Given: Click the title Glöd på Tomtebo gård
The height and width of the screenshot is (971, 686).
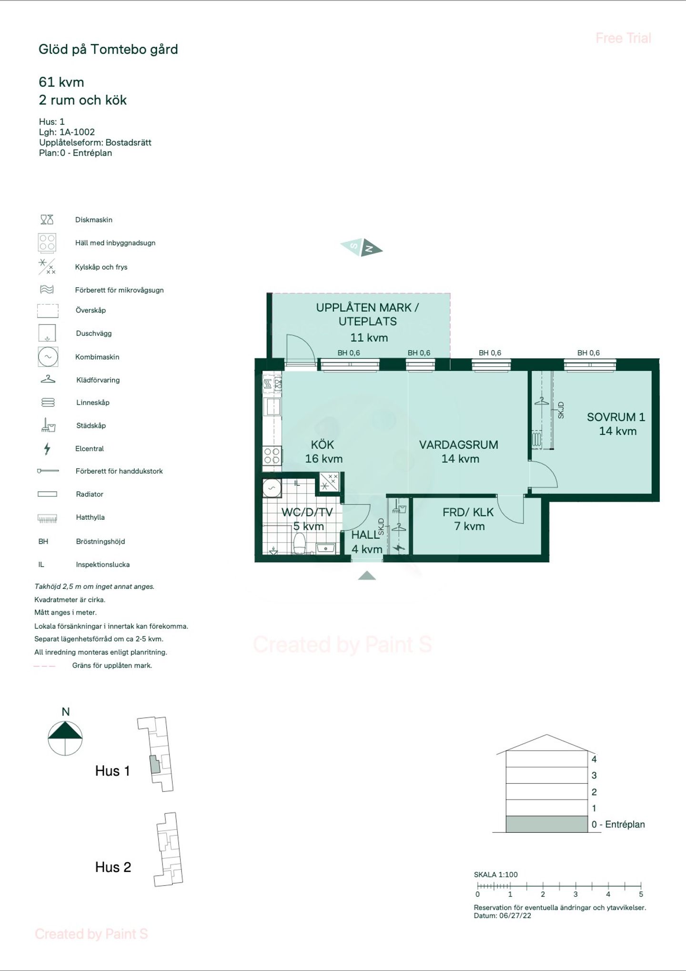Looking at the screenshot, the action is (x=108, y=50).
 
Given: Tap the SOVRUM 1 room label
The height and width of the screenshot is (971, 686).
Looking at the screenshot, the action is (x=615, y=417).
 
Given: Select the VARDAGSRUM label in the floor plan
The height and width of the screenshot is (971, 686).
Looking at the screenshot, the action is (x=459, y=445).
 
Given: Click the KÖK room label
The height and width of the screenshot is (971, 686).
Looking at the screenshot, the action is (x=323, y=445).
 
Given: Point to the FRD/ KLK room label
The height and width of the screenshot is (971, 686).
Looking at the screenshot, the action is (x=468, y=513).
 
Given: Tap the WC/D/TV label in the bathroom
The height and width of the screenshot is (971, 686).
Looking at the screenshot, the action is (x=307, y=513).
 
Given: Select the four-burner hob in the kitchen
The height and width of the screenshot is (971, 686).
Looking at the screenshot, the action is (x=272, y=455).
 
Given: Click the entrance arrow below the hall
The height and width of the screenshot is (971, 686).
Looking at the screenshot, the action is (x=367, y=576).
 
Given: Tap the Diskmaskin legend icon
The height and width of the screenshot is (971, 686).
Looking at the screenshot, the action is (x=47, y=220).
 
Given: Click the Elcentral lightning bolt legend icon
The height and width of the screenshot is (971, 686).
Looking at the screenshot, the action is (x=47, y=448).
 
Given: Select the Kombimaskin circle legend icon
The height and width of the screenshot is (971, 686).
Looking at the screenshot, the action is (x=48, y=356).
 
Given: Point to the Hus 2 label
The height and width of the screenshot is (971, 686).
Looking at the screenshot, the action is (x=113, y=867).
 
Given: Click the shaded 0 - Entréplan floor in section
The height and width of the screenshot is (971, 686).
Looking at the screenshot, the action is (x=546, y=824).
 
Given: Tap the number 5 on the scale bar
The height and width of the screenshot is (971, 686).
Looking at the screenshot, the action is (x=641, y=894).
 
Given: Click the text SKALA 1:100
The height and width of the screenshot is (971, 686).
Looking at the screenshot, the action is (x=495, y=875).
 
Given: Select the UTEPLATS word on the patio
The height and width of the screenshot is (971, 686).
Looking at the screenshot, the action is (x=367, y=322).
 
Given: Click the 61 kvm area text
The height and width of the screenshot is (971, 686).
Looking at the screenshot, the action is (x=61, y=82).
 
